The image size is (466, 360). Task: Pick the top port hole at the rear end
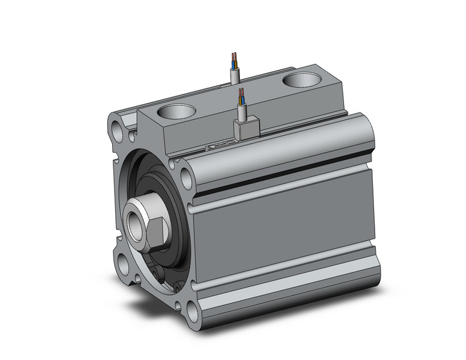point(302,80)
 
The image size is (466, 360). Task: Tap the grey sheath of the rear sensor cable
point(235,75)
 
